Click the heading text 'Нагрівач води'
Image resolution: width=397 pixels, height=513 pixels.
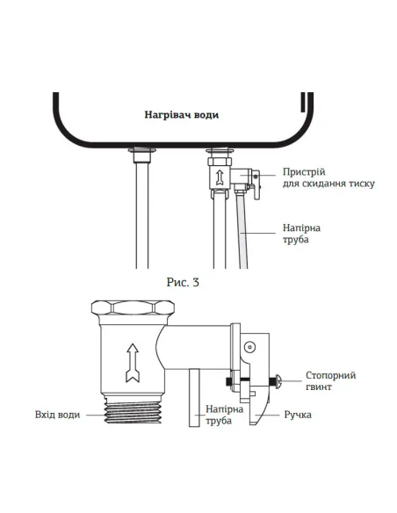[181, 115]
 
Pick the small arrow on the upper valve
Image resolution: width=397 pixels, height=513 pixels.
[217, 176]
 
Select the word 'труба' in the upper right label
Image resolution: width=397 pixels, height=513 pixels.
[297, 240]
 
